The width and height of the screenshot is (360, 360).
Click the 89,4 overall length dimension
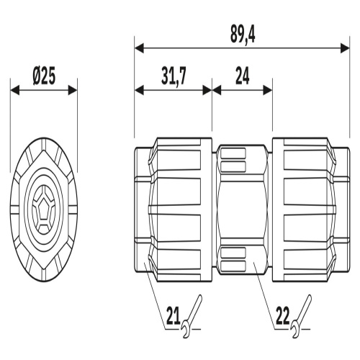(x=243, y=35)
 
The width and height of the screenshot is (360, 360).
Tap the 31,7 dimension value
(x=174, y=77)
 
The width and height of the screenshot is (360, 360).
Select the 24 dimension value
(x=242, y=76)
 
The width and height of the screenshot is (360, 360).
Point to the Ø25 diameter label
(x=44, y=76)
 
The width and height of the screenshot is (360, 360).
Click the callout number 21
(x=174, y=316)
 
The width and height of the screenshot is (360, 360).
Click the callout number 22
(x=283, y=316)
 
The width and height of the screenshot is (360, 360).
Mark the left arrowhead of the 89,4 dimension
(x=139, y=48)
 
